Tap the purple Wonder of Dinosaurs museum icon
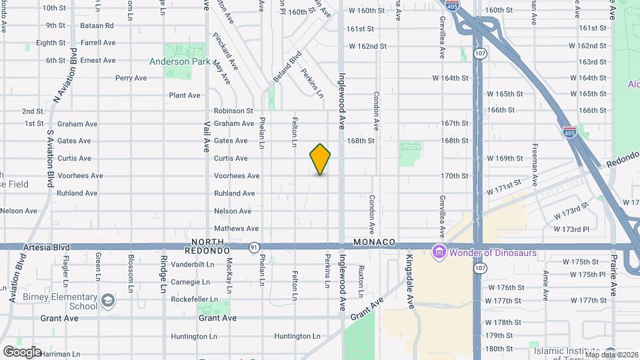[x=439, y=253]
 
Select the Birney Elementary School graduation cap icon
[x=107, y=301]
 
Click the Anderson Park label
[x=179, y=61]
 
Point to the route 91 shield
[x=254, y=247]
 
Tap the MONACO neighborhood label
[x=375, y=241]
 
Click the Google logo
[x=22, y=351]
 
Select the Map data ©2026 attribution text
[x=611, y=355]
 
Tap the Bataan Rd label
[x=99, y=25]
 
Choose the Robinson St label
[x=233, y=111]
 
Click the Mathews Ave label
[x=236, y=229]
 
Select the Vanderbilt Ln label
[x=192, y=264]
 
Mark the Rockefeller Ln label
[x=194, y=299]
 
